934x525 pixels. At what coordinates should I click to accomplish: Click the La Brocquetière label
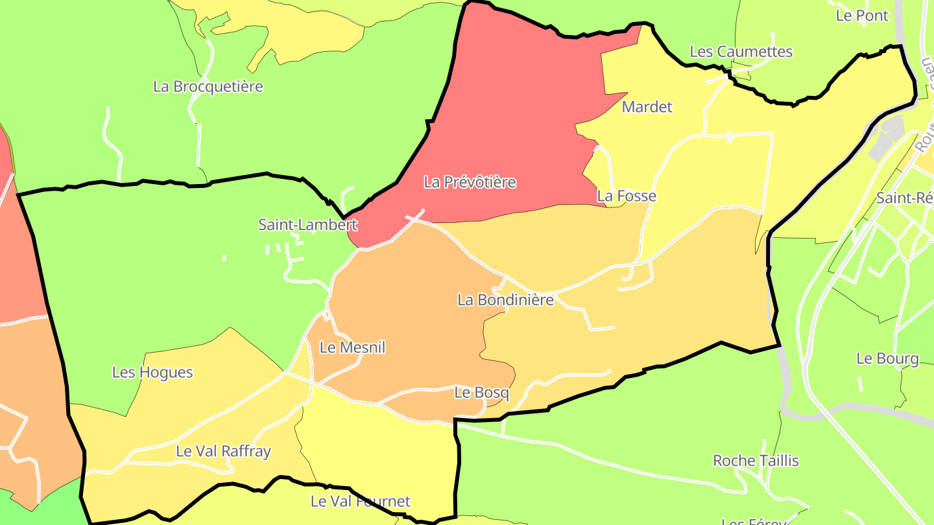pyautogui.click(x=208, y=86)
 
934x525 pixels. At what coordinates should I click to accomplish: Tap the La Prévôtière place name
pyautogui.click(x=470, y=182)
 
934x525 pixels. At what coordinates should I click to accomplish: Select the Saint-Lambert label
pyautogui.click(x=307, y=225)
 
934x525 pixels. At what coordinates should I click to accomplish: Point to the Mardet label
pyautogui.click(x=647, y=107)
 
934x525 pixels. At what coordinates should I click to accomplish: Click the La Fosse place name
pyautogui.click(x=627, y=196)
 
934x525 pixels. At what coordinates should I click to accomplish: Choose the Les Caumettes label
pyautogui.click(x=741, y=51)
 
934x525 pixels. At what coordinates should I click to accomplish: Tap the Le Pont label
pyautogui.click(x=862, y=16)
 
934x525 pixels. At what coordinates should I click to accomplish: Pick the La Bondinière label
pyautogui.click(x=505, y=300)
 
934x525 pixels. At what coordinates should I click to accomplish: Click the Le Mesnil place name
pyautogui.click(x=352, y=347)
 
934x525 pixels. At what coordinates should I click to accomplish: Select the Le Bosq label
pyautogui.click(x=481, y=393)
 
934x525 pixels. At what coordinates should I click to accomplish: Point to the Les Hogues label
pyautogui.click(x=152, y=372)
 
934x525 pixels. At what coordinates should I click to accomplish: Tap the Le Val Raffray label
pyautogui.click(x=223, y=451)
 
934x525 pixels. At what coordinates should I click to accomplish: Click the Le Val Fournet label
pyautogui.click(x=360, y=501)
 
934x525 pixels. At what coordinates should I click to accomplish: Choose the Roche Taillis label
pyautogui.click(x=756, y=461)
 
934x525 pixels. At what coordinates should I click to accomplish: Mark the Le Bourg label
pyautogui.click(x=887, y=358)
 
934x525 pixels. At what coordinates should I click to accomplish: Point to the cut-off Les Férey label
pyautogui.click(x=753, y=521)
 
